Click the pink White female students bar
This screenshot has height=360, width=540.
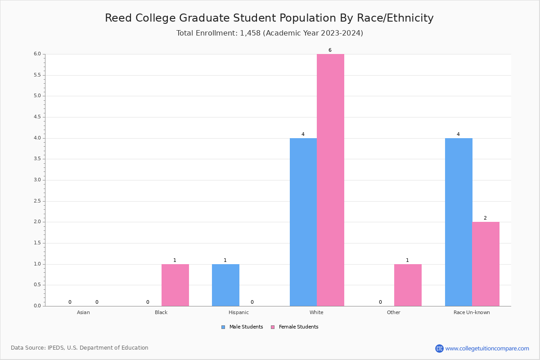click(x=330, y=180)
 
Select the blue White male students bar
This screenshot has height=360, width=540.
click(x=303, y=222)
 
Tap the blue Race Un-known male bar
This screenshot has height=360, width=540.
click(x=459, y=222)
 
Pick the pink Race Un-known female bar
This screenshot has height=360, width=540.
click(x=486, y=264)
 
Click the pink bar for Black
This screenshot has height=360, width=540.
click(x=175, y=285)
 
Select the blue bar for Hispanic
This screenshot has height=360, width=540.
click(x=225, y=285)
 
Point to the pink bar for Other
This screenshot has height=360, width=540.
click(x=408, y=285)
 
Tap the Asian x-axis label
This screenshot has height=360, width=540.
click(x=83, y=312)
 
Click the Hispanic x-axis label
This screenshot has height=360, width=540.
click(x=238, y=312)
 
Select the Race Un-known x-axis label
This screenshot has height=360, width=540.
click(x=472, y=312)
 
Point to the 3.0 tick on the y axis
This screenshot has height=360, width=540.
click(x=37, y=180)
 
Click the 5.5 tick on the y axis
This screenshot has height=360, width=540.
click(x=37, y=75)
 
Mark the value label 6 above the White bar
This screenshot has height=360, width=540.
click(x=330, y=50)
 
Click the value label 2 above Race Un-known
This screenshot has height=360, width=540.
click(x=485, y=218)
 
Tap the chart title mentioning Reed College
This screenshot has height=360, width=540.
click(x=269, y=18)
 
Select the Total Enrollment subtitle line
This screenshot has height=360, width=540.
click(x=270, y=33)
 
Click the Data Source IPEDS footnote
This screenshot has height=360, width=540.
click(x=80, y=348)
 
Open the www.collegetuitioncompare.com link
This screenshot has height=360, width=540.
click(x=487, y=348)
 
